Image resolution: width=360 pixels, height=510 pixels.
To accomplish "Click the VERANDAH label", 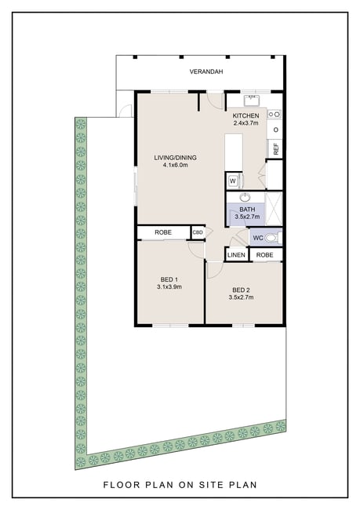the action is [206, 71].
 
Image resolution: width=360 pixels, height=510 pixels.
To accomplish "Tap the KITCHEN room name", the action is [245, 116].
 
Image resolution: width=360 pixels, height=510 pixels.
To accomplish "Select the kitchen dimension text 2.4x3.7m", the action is [245, 123].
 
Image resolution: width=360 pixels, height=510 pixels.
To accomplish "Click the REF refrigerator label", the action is [276, 149].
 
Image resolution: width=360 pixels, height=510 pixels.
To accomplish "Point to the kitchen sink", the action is [252, 101].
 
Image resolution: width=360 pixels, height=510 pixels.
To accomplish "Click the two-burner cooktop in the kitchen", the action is [275, 115].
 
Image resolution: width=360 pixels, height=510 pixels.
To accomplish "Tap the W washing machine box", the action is [233, 180].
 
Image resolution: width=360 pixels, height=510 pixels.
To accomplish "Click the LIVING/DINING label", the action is [175, 158].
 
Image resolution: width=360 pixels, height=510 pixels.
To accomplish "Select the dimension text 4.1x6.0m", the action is [175, 166].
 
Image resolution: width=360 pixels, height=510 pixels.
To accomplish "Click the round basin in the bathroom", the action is [245, 197].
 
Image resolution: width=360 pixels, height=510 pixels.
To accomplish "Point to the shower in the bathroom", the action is [274, 209].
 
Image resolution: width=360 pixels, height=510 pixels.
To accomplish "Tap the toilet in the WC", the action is [272, 238].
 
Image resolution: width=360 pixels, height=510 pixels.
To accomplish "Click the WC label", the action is [258, 238].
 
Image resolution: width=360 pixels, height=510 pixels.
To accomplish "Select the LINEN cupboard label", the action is [236, 255].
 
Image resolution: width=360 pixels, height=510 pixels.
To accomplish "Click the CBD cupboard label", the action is [198, 232].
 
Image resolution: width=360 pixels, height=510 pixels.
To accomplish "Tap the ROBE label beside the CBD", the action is [163, 232].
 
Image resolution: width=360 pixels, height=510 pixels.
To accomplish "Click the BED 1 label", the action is [169, 279].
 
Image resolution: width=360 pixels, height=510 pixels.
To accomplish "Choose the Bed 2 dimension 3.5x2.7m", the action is [242, 297].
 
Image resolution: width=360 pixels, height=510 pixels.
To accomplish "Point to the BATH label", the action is [247, 209].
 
